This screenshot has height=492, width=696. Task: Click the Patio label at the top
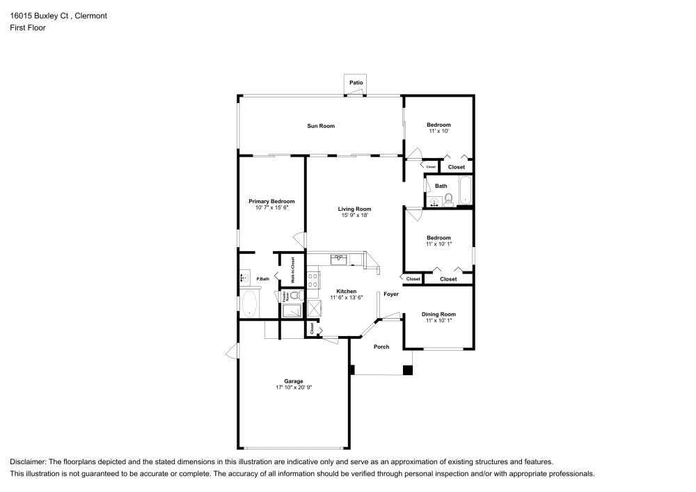tap(356, 83)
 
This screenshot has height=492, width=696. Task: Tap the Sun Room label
tap(321, 126)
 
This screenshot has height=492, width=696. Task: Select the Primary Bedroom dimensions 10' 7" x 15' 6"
tap(271, 207)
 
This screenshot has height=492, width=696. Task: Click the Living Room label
tap(354, 209)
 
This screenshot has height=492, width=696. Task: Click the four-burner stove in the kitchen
tap(314, 280)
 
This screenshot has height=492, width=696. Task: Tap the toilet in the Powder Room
tap(294, 296)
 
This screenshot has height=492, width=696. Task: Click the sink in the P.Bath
tap(244, 278)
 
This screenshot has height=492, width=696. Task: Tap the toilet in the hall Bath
tap(449, 200)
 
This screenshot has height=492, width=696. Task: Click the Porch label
tap(381, 347)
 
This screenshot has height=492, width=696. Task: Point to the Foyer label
tap(391, 294)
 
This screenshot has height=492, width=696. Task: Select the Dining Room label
tap(438, 314)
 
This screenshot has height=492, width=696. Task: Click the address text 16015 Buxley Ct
tap(38, 15)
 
